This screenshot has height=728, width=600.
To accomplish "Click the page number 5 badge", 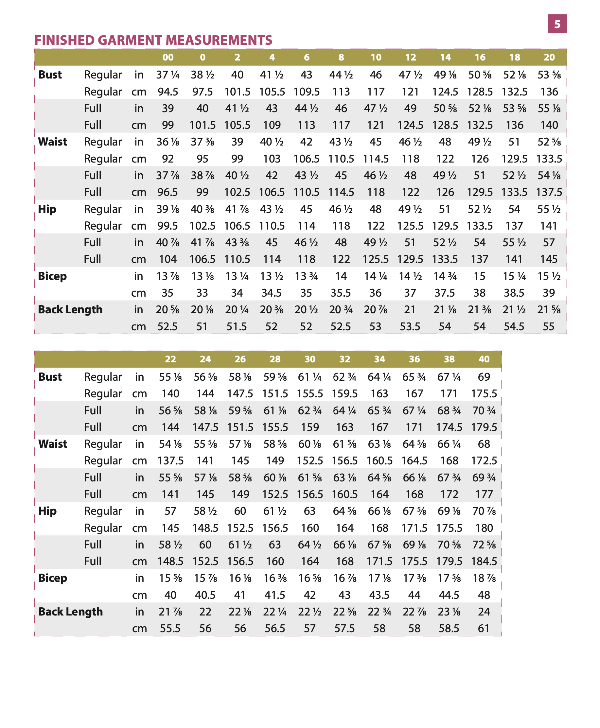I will tap(557, 24).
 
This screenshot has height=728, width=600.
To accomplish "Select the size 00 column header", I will tap(168, 57).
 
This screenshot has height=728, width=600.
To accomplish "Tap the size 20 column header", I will tap(549, 57).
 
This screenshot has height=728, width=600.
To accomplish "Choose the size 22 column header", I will tap(170, 359).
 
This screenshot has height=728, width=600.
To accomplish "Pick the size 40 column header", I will tap(484, 359).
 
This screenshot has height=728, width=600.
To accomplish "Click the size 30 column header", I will tap(310, 359).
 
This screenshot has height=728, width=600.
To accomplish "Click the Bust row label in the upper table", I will tap(50, 75).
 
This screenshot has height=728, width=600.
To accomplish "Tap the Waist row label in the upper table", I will tap(53, 142).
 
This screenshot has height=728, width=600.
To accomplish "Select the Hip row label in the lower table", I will tap(47, 511).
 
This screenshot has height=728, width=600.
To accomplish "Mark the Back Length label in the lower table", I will tap(71, 612).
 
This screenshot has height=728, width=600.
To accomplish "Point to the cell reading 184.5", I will tap(484, 562).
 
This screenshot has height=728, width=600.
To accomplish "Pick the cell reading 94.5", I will tap(168, 92).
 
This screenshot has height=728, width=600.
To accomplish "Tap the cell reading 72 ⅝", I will tap(484, 545).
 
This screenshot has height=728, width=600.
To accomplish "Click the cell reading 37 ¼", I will tap(168, 75).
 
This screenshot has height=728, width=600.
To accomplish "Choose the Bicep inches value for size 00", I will tap(168, 276).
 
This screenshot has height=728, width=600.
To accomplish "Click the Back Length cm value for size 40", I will tap(484, 629).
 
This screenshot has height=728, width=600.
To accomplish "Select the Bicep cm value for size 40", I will tap(484, 595).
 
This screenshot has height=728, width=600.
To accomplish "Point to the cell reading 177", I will tap(484, 494).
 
